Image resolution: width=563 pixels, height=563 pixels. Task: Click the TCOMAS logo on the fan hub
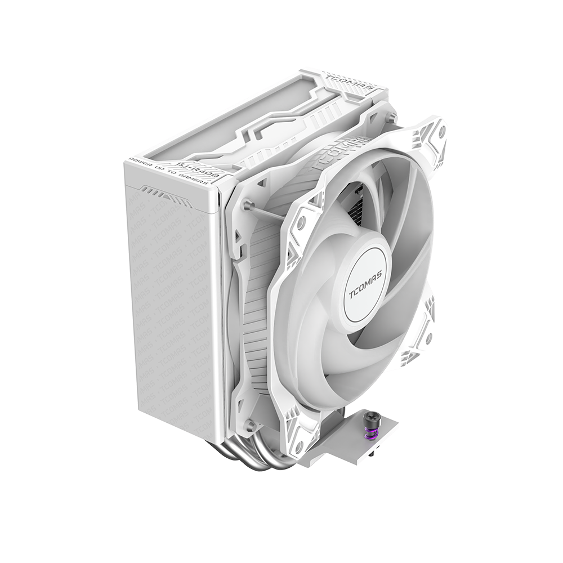[364, 286]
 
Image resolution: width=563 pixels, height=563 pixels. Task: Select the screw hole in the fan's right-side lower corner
[428, 338]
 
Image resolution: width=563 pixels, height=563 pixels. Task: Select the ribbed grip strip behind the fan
[256, 315]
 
